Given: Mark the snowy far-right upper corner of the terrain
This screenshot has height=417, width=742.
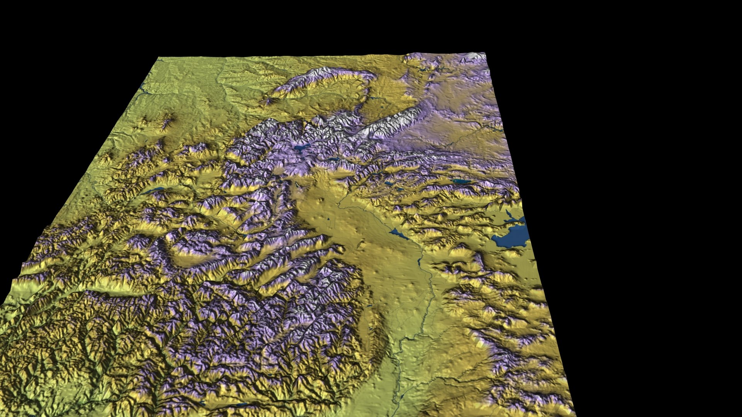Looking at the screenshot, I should pos(484,54).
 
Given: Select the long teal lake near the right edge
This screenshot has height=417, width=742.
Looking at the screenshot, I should pos(462,181).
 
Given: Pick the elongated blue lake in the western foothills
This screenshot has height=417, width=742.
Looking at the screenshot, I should pos(155,190).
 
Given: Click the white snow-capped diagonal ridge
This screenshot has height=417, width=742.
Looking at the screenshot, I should pos(390,124).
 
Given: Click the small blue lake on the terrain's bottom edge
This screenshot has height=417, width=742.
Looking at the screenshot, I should pos(240,405).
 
